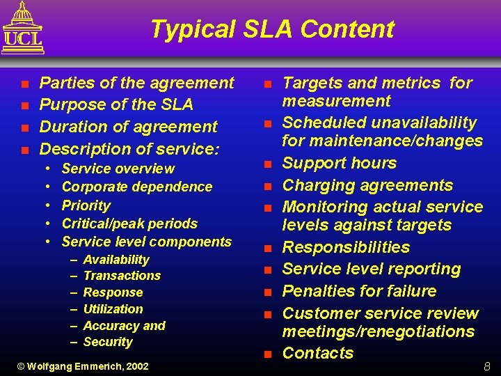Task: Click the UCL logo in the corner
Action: [x=22, y=28]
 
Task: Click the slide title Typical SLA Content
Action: [x=271, y=29]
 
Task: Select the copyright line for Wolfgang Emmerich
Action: [x=82, y=366]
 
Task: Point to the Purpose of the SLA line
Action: [x=116, y=104]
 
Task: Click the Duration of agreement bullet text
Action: [x=128, y=127]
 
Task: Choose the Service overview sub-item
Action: [x=118, y=169]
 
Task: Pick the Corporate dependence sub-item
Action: [x=137, y=187]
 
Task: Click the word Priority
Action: [x=86, y=205]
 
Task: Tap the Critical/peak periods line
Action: [x=129, y=224]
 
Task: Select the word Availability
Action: [x=116, y=260]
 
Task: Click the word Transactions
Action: [x=122, y=276]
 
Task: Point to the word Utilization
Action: [x=113, y=309]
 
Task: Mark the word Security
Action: [x=108, y=342]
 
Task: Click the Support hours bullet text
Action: [x=339, y=163]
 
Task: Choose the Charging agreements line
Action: [x=367, y=185]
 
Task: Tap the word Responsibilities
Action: [x=346, y=247]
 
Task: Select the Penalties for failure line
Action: [x=359, y=291]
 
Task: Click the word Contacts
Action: [x=318, y=353]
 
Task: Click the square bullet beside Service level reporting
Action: [x=267, y=270]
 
